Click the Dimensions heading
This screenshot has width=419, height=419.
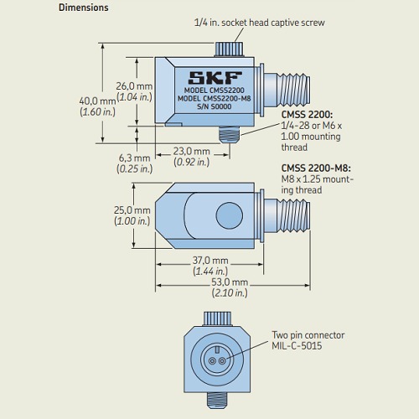83,8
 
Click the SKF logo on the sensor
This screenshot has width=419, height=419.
215,78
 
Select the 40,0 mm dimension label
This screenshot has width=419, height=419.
97,101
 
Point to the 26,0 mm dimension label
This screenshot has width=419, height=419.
134,86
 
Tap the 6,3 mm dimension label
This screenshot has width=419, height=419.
135,158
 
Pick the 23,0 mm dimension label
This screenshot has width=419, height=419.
191,152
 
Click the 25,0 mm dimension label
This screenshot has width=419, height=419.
132,210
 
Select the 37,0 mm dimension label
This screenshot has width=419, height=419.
210,261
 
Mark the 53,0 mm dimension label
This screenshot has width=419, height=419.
230,282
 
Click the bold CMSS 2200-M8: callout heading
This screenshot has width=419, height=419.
316,168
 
